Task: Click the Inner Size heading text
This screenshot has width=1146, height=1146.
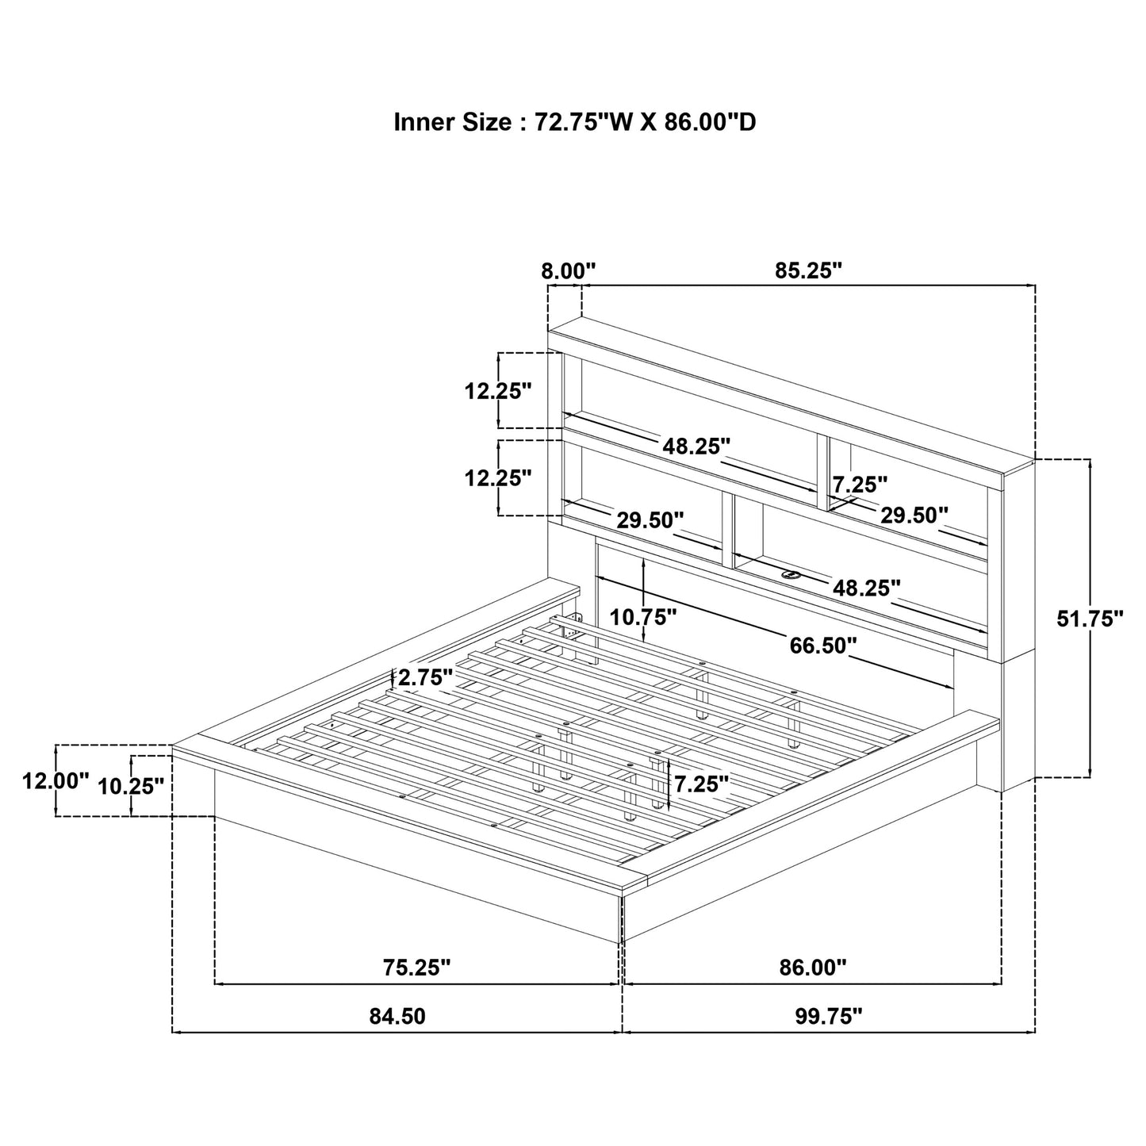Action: [574, 122]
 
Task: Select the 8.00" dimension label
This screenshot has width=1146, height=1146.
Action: [568, 271]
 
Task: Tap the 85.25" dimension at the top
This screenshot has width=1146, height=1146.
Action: [807, 271]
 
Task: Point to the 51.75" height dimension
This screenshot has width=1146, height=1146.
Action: [1090, 619]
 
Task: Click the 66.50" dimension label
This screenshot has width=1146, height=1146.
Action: [822, 646]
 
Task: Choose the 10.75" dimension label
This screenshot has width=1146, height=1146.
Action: [642, 615]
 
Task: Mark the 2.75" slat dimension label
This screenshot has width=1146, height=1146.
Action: [425, 677]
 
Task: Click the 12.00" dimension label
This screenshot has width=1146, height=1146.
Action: [56, 781]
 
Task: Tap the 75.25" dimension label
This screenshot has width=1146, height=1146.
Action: [416, 968]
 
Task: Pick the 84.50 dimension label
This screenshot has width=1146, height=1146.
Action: [397, 1017]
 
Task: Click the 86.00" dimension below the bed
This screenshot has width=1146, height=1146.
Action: [813, 968]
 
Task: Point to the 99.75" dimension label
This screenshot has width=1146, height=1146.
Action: [829, 1017]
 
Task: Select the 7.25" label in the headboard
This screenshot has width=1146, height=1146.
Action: [860, 483]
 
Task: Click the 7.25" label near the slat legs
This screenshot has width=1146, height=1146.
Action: [701, 784]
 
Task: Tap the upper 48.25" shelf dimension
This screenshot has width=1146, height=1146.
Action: [696, 447]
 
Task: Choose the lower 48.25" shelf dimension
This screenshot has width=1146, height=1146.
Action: [866, 588]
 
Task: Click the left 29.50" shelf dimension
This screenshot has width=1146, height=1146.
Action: [650, 521]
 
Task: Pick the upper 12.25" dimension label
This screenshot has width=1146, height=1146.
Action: [498, 391]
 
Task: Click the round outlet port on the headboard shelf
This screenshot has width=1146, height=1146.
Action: [791, 574]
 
